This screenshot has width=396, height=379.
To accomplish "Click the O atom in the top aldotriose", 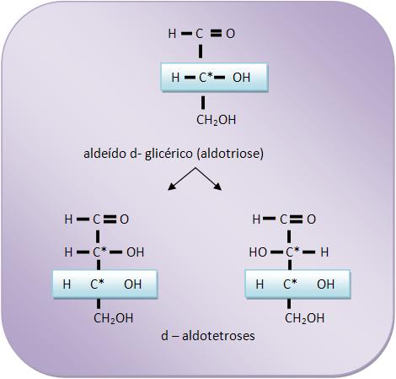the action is [230, 34].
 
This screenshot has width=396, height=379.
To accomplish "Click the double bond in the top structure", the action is [216, 34].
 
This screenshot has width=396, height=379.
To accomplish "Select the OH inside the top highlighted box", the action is [241, 78].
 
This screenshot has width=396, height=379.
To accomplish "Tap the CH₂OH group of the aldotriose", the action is [216, 120].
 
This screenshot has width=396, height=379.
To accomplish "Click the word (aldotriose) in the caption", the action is [230, 154].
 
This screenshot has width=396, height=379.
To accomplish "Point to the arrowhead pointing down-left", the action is [171, 187].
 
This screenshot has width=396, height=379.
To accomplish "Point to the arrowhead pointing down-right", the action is [218, 187].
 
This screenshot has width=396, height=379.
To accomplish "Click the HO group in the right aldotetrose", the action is [258, 252].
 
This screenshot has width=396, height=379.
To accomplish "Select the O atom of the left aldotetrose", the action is [125, 219].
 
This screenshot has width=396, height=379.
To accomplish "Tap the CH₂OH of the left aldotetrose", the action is [114, 318].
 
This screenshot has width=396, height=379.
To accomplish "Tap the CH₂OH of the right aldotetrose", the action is [304, 318].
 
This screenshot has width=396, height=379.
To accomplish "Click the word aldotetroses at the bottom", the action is [218, 336].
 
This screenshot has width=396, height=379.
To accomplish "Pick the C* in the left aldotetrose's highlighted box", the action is [97, 284].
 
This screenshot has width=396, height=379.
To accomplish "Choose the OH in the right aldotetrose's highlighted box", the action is [325, 284].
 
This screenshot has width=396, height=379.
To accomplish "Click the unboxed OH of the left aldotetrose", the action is [135, 252].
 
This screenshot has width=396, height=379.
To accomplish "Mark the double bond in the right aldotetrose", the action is [297, 219].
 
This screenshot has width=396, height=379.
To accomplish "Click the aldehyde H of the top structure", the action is [172, 34].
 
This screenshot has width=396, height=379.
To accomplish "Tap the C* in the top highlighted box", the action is [206, 78].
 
